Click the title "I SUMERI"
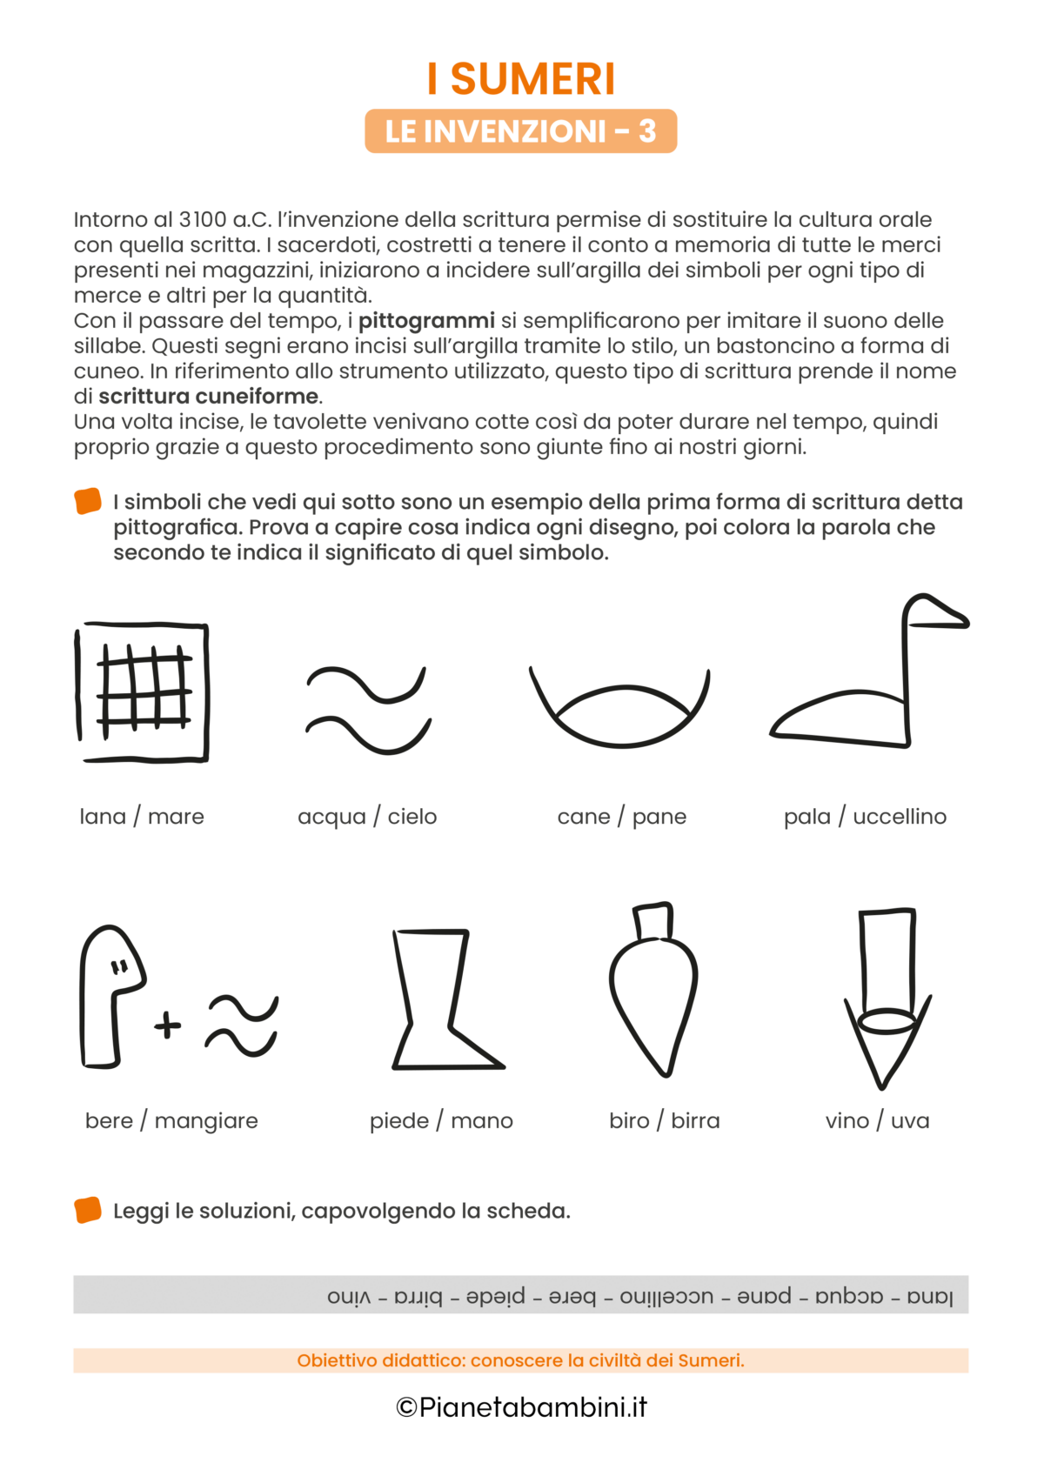coord(521,79)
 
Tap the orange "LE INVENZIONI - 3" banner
coord(520,131)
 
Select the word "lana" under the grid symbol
coord(103,817)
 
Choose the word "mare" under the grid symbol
coord(176,817)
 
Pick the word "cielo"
coord(412,817)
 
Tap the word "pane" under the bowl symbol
coord(659,817)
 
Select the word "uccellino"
coord(900,817)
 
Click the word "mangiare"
coord(206,1122)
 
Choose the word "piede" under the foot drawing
coord(399,1121)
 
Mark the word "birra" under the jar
coord(695,1121)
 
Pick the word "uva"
coord(910,1121)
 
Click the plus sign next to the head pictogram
coord(168,1025)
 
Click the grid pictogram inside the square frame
coord(144,689)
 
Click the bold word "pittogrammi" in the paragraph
coord(426,321)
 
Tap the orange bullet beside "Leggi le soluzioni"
coord(88,1210)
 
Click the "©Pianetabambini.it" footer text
coord(521,1407)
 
